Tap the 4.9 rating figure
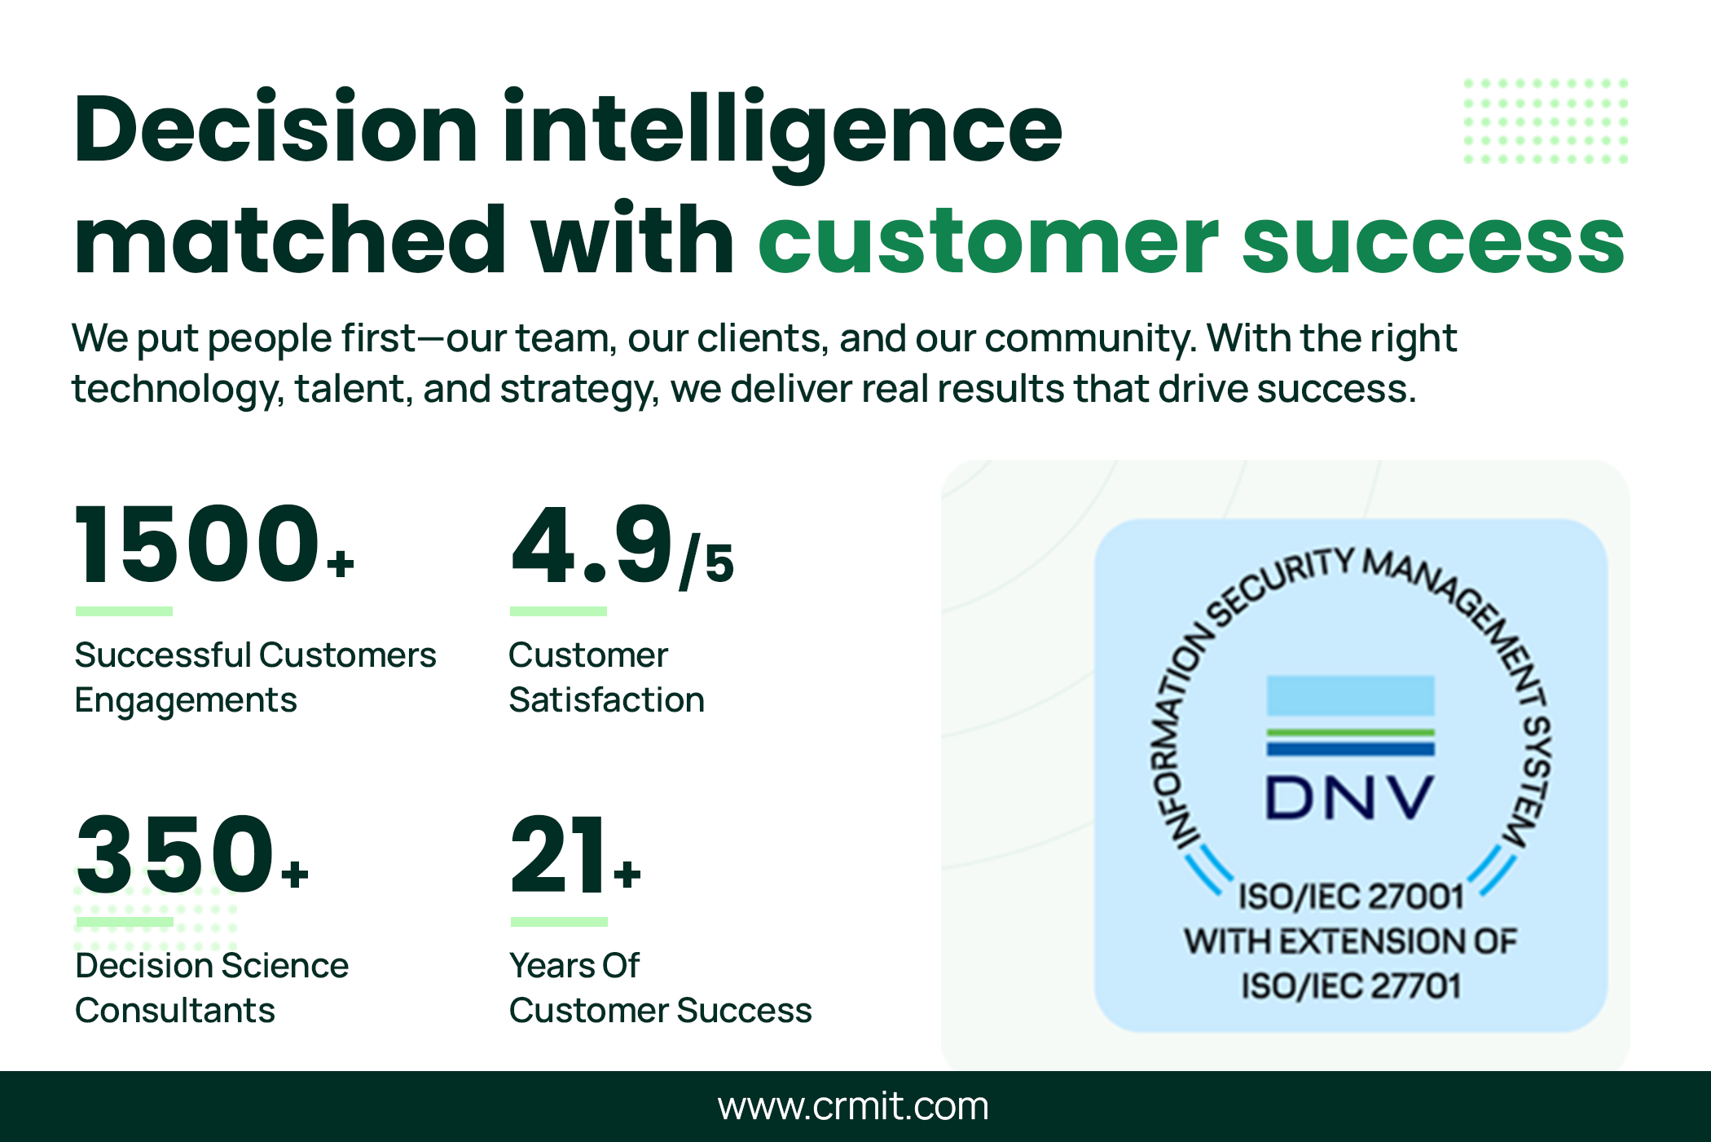(592, 544)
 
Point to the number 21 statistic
(558, 854)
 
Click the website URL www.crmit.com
(853, 1106)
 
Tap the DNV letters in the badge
(1350, 796)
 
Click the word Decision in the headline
(275, 129)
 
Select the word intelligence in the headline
(782, 134)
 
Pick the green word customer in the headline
(987, 240)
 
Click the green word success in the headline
(1434, 241)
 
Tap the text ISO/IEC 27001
(1352, 897)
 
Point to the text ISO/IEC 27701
(1351, 985)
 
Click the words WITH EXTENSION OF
(1350, 941)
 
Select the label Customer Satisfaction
(606, 677)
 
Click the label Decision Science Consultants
(212, 988)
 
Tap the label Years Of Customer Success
(660, 988)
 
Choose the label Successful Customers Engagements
(255, 677)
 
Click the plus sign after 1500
(340, 563)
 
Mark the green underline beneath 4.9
(558, 611)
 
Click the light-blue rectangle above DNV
(1350, 695)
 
